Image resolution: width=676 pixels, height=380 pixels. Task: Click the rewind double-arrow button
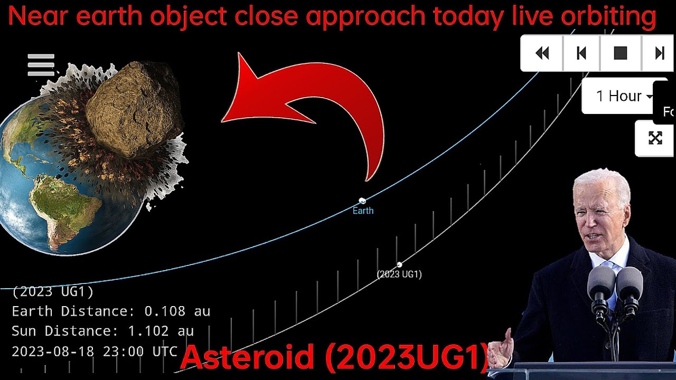[542, 53]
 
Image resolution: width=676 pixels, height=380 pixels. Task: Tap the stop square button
[620, 53]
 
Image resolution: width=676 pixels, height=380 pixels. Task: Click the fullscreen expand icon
[655, 138]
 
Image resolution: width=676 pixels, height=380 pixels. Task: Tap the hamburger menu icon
[41, 65]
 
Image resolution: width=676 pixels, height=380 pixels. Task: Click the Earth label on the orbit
[363, 211]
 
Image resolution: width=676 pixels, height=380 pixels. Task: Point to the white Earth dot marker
[362, 201]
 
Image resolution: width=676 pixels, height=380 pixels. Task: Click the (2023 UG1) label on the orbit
[399, 274]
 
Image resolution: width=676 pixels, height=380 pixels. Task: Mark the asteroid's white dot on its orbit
[400, 264]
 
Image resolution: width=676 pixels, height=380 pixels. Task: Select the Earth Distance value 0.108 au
[177, 311]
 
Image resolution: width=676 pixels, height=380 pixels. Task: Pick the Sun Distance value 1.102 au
[161, 331]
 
